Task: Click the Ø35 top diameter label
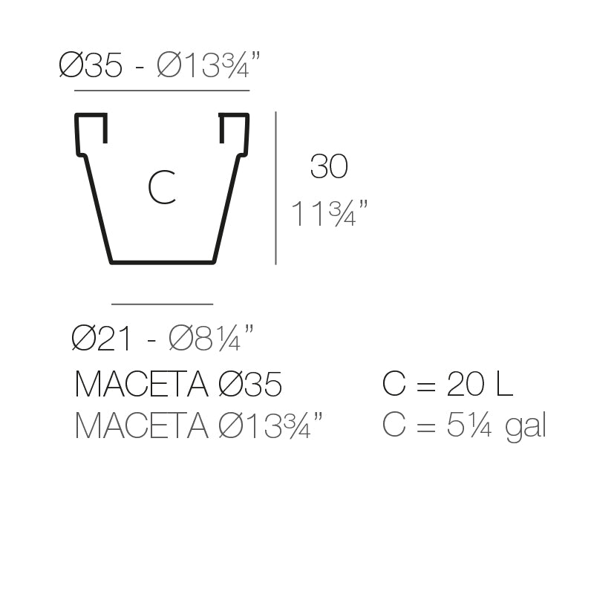(90, 66)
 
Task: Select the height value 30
(328, 167)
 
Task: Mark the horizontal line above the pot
(162, 91)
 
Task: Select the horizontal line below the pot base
(162, 304)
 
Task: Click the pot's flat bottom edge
(163, 261)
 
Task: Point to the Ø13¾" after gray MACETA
(271, 426)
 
